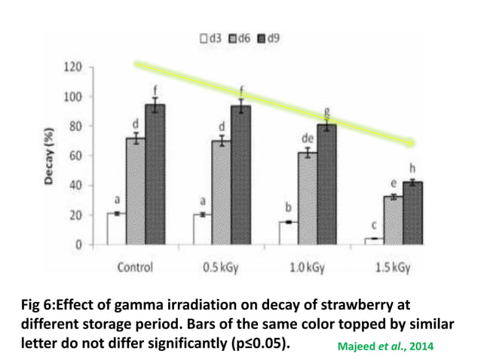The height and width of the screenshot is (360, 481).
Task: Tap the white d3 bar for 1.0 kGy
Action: pyautogui.click(x=288, y=233)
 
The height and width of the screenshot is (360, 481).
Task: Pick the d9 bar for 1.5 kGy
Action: pyautogui.click(x=412, y=213)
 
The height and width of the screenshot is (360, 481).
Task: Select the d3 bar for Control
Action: pyautogui.click(x=116, y=229)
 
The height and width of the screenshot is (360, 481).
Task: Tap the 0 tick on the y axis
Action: pyautogui.click(x=78, y=245)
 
